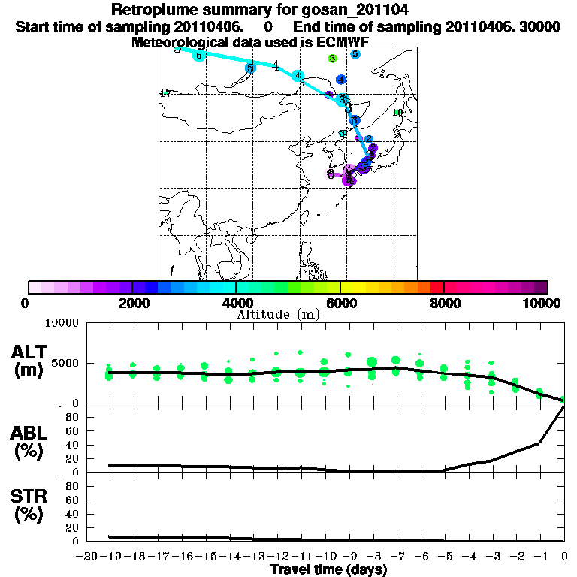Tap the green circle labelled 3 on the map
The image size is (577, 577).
coord(332,58)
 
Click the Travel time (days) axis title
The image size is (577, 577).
coord(328,569)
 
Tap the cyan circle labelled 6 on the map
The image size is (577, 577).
coord(198,56)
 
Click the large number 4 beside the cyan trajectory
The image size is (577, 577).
coord(276,65)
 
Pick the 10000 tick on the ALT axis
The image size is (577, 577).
coord(59,322)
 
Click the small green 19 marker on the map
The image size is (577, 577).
coord(399,113)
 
